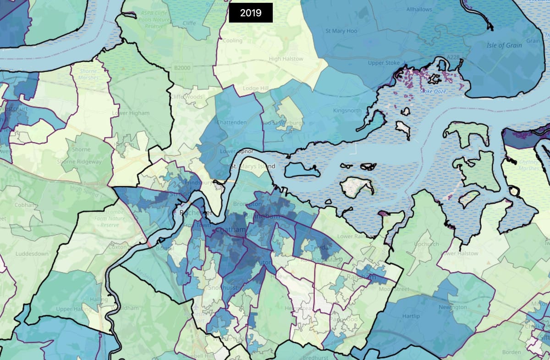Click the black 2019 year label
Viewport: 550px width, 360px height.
(x=251, y=12)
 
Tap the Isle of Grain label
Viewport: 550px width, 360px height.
(x=504, y=45)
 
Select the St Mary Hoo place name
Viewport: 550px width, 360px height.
(x=341, y=31)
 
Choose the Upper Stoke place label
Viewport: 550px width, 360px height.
(x=384, y=63)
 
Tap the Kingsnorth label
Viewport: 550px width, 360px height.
(x=347, y=111)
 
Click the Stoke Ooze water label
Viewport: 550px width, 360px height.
(x=433, y=91)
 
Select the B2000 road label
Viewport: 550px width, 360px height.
(x=181, y=67)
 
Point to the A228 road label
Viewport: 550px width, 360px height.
(x=453, y=56)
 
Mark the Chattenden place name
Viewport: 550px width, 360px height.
(x=231, y=122)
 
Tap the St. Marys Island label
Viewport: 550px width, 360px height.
(x=253, y=166)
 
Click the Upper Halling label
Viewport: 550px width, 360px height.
(x=70, y=309)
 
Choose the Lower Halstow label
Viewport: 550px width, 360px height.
(x=459, y=253)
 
